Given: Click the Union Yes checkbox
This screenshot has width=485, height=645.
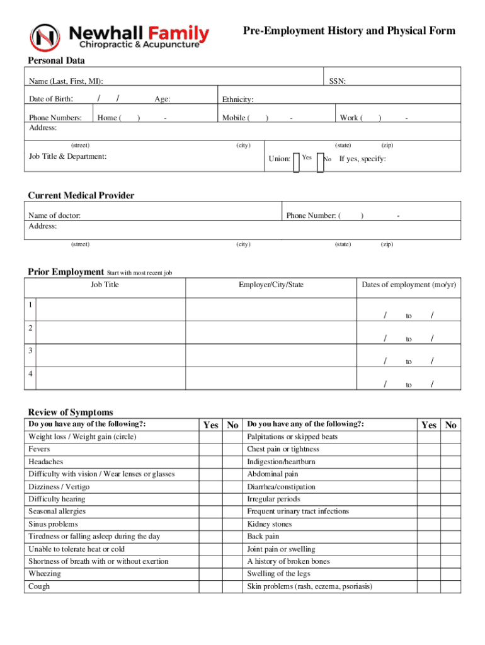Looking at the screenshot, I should [296, 162].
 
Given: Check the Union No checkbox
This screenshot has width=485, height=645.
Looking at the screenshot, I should [320, 162].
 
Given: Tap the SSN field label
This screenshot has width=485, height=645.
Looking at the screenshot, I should [337, 81].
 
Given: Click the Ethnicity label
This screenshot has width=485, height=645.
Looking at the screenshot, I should [237, 100].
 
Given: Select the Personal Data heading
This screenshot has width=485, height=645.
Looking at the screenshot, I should [56, 60].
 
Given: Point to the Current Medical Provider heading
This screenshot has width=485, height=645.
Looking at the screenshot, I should [81, 195].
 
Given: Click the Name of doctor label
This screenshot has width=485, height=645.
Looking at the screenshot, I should [54, 215].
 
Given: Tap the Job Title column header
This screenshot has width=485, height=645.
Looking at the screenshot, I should [105, 285].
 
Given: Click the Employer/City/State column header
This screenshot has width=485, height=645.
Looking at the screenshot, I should [271, 285].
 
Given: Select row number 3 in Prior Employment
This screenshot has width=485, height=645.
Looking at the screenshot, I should [30, 350].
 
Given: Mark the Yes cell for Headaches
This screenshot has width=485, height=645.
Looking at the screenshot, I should [210, 462].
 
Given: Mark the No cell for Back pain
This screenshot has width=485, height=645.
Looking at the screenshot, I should [450, 537].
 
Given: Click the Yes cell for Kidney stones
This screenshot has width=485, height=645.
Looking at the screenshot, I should [428, 524].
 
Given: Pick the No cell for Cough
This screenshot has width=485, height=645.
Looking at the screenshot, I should [232, 586].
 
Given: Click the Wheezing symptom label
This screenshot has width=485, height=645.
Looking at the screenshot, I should [45, 574].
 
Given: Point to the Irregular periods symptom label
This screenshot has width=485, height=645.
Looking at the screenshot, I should [273, 499].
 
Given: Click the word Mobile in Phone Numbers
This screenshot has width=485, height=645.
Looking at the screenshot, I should [234, 118].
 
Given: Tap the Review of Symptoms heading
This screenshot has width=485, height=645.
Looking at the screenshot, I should [71, 412].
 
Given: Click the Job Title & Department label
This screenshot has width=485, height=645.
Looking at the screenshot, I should [67, 156].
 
